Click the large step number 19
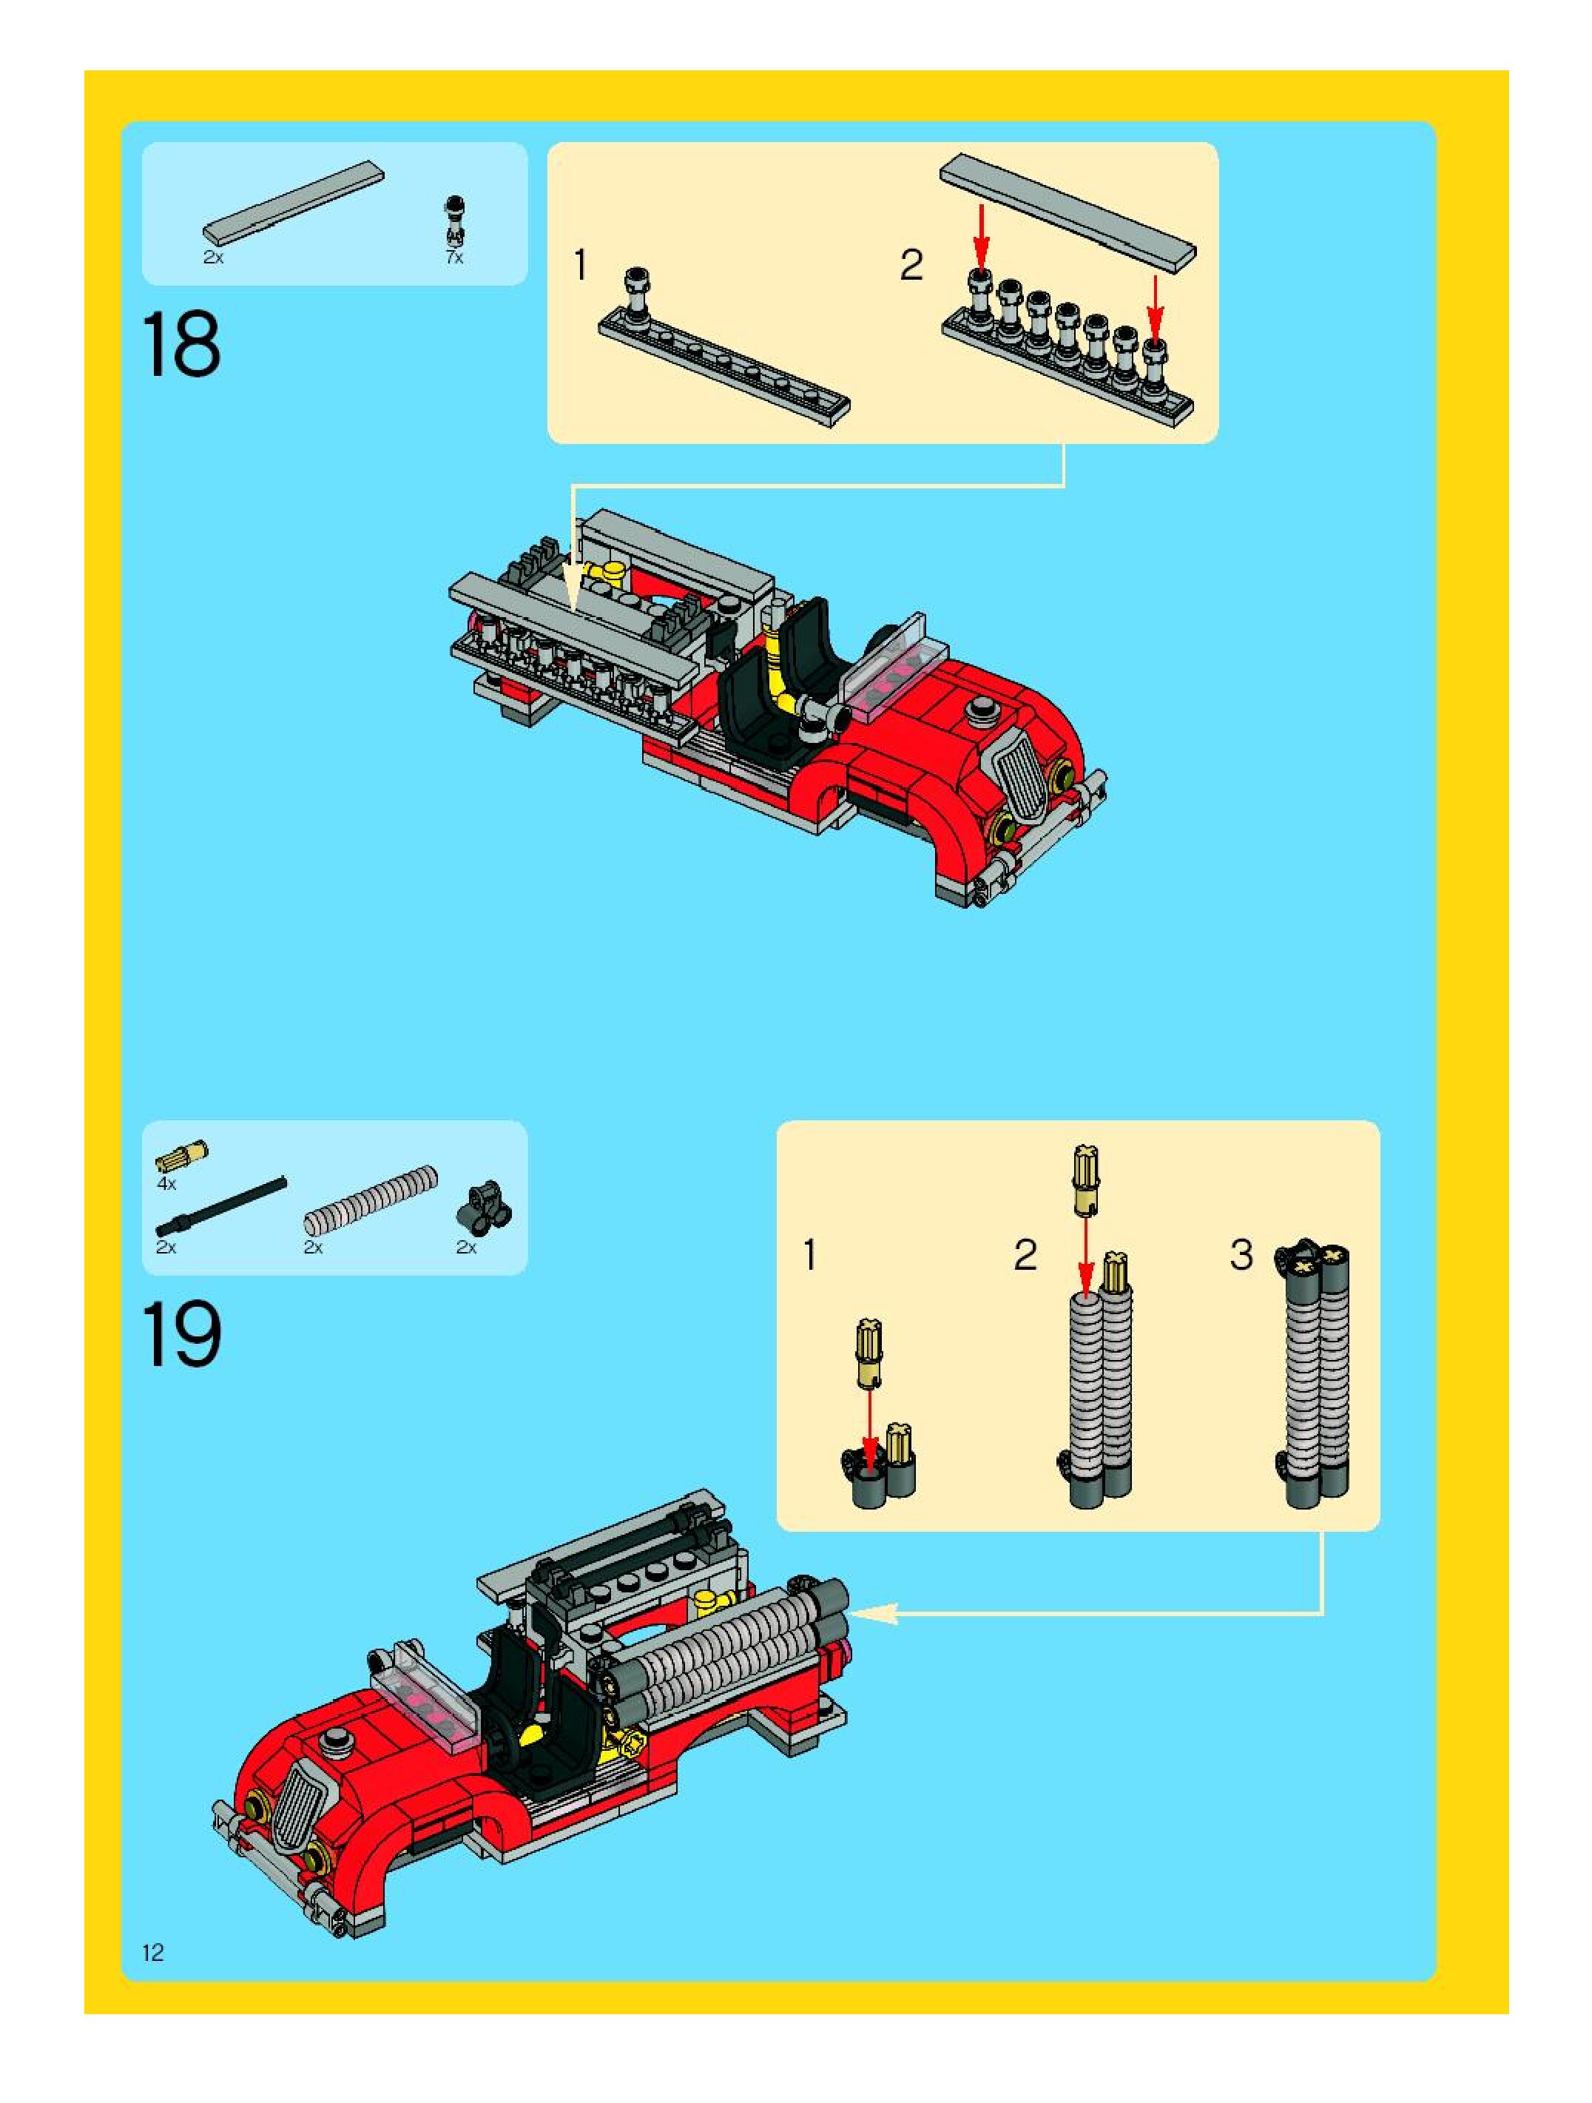coord(183,1335)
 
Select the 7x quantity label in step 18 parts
coord(454,258)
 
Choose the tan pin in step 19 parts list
coord(181,1156)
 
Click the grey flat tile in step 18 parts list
coord(294,201)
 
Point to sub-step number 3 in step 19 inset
coord(1241,1255)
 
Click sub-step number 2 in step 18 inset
coord(911,265)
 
